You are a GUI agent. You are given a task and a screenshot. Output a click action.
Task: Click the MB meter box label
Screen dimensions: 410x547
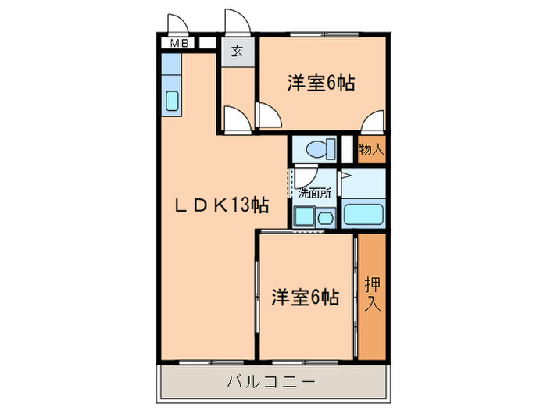tap(179, 45)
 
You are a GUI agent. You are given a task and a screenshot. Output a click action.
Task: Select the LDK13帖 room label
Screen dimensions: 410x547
tap(221, 206)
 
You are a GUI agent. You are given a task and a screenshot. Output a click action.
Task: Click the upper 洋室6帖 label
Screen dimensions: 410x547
tap(320, 84)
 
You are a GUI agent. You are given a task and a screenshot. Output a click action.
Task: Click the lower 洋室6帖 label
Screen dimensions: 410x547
tap(305, 298)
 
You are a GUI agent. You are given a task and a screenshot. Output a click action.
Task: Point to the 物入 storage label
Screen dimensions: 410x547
tap(372, 147)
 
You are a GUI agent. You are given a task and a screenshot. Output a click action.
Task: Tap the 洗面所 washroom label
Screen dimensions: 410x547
tap(314, 191)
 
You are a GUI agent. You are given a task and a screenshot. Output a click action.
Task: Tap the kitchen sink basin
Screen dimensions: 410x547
tap(172, 102)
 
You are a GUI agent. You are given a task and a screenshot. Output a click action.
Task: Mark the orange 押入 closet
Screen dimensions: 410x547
tap(372, 312)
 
